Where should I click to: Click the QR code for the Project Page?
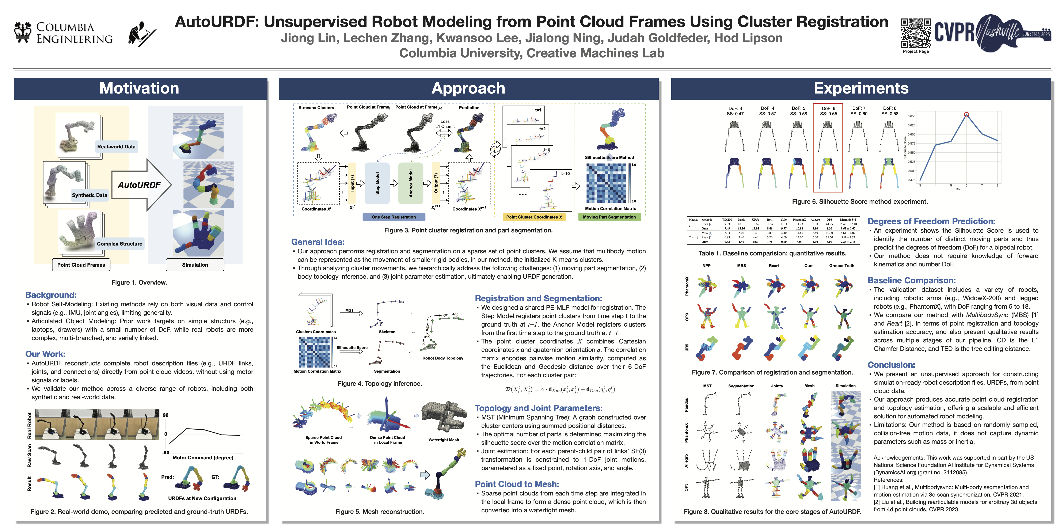point(915,33)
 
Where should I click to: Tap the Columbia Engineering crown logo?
point(23,32)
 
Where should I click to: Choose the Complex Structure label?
point(119,244)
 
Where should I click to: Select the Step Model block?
point(377,183)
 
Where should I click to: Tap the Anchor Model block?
point(411,183)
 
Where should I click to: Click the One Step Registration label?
point(394,217)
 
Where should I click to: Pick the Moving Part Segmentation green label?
point(609,217)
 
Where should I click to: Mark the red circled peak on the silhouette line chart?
point(966,115)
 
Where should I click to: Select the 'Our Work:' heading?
point(45,354)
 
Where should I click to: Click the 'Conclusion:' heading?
point(891,365)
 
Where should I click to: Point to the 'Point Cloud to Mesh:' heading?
point(517,484)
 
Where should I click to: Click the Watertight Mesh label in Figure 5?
point(444,440)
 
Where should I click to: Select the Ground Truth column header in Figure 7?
point(841,266)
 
